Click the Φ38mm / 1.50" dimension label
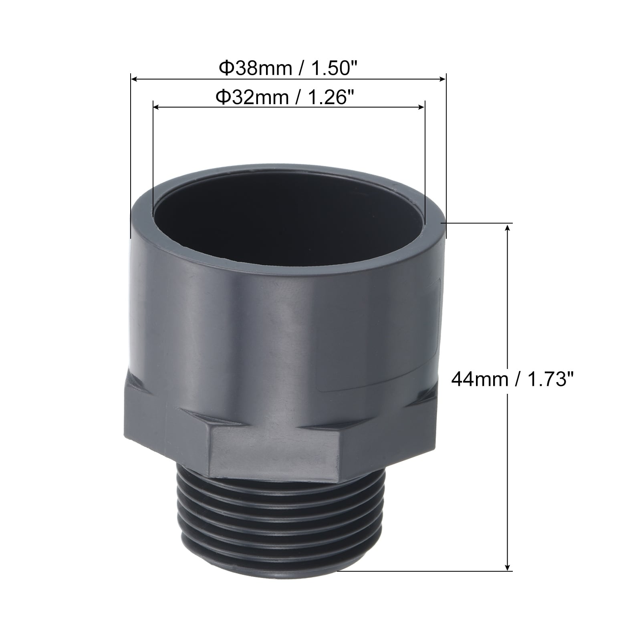point(288,69)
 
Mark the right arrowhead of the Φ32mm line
point(420,107)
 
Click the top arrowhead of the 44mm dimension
point(508,228)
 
